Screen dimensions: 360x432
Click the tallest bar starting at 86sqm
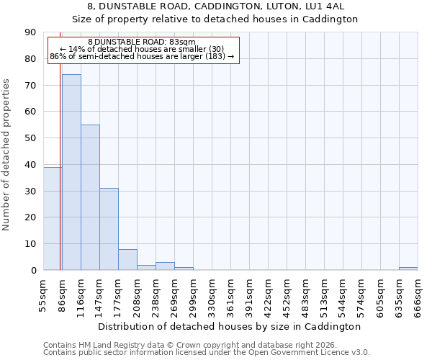[x=71, y=172]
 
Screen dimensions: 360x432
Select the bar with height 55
[x=90, y=197]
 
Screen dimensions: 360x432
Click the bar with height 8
[x=127, y=259]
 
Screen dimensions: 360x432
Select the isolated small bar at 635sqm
[x=408, y=269]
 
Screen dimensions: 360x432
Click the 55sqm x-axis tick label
[x=44, y=295]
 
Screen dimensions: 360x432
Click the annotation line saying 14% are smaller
[x=142, y=49]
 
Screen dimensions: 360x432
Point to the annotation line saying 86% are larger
[x=142, y=56]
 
